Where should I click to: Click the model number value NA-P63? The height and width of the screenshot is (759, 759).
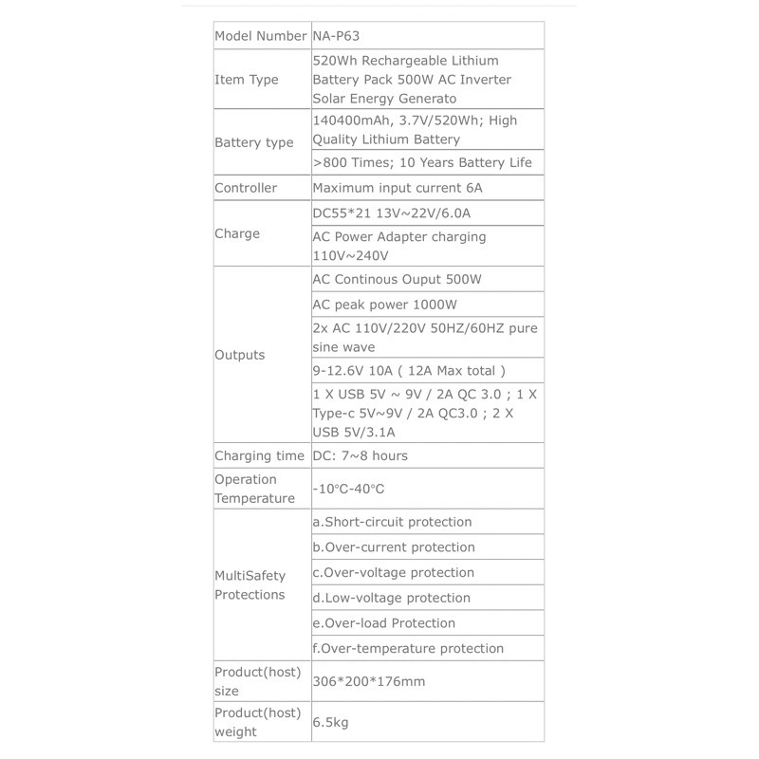coord(336,36)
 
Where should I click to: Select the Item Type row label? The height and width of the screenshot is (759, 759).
coord(247,80)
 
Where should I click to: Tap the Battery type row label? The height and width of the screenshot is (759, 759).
coord(254,142)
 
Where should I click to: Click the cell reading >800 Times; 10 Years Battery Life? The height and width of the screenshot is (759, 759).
coord(422,162)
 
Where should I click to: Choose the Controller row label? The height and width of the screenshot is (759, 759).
coord(246,188)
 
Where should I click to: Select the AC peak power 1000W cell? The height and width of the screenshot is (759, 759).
coord(385,305)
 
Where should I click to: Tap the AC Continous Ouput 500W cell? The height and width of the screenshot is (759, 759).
coord(397,280)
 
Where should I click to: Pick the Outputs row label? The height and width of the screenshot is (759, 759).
coord(240,355)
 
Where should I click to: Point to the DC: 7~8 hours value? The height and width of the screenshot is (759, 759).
coord(361,455)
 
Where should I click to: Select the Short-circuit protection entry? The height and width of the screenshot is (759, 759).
coord(392,522)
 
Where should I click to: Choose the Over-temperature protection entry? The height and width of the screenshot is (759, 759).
coord(408,648)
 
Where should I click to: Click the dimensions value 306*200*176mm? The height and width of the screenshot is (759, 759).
coord(367,681)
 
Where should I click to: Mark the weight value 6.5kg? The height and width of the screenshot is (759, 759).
coord(331,723)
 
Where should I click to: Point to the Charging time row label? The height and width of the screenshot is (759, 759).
coord(260,455)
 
